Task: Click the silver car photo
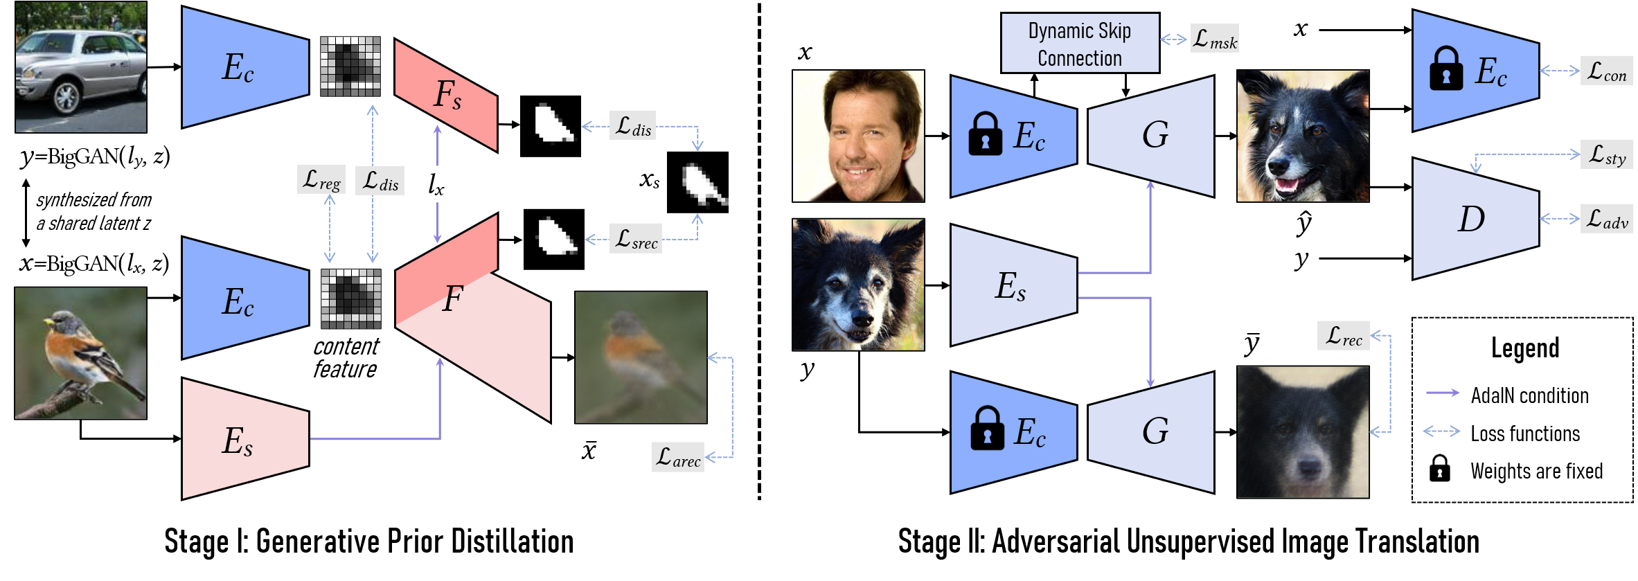(81, 67)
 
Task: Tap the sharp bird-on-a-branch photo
(80, 353)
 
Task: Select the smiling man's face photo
(858, 136)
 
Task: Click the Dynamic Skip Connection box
(1080, 44)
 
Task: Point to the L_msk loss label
(1215, 39)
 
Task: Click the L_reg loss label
(321, 179)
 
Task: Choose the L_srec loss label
(636, 238)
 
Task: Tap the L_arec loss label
(678, 457)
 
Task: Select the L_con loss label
(1606, 71)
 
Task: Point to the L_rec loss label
(1343, 336)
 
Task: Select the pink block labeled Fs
(446, 95)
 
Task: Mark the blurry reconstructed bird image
(641, 357)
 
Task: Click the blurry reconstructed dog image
(1303, 432)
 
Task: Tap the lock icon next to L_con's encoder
(1446, 69)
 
